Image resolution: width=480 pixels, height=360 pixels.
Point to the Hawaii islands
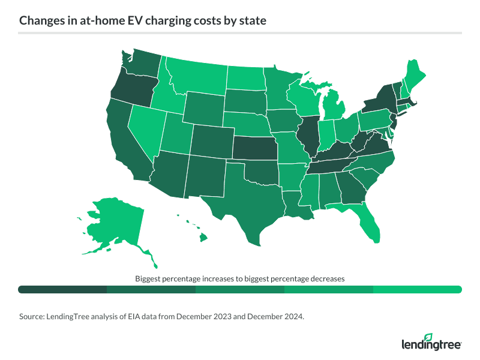click(x=203, y=238)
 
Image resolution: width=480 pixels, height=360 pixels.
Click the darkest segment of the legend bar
click(x=62, y=289)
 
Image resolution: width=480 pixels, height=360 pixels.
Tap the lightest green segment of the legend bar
click(x=417, y=289)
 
